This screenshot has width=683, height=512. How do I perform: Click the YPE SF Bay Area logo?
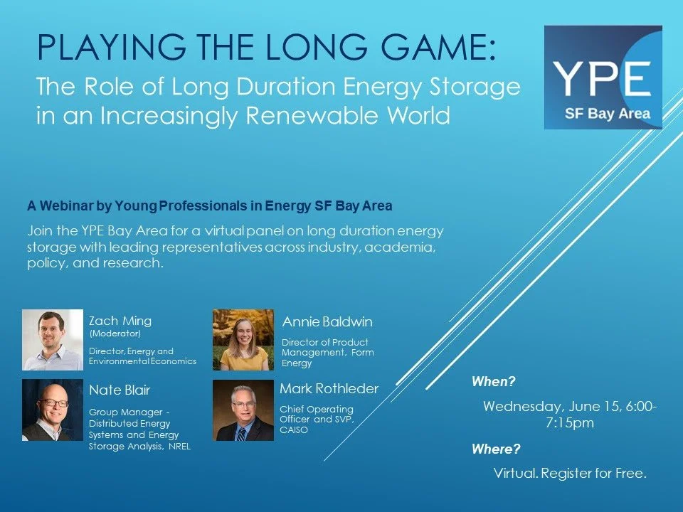tap(603, 78)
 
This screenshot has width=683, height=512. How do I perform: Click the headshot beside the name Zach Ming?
tap(53, 340)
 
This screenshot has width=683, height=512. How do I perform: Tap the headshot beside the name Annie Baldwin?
tap(243, 340)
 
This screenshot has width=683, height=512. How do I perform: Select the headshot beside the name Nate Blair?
tap(53, 410)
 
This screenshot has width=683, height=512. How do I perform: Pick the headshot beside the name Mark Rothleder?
tap(243, 410)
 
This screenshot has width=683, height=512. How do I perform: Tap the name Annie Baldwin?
tap(327, 322)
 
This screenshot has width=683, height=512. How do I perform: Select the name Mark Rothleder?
tap(329, 388)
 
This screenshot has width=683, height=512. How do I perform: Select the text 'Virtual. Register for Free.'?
tap(570, 474)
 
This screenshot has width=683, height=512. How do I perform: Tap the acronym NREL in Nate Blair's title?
tap(179, 447)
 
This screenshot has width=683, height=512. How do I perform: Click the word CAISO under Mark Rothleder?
tap(294, 430)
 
